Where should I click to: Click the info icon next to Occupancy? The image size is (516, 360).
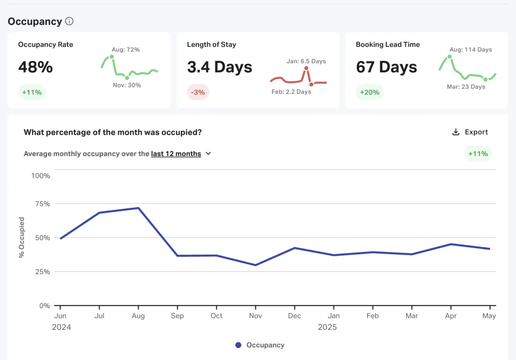tap(69, 22)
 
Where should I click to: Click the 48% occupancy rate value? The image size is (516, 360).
tap(35, 67)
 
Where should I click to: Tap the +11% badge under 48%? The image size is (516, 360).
tap(32, 92)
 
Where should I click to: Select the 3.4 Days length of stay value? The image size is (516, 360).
tap(219, 67)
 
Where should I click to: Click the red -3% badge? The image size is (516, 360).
tap(198, 92)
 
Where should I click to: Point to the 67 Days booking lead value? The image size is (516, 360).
tap(386, 67)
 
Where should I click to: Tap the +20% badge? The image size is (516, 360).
tap(370, 92)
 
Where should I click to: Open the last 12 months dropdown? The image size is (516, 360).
tap(181, 154)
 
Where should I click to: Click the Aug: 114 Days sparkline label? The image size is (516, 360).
tap(470, 49)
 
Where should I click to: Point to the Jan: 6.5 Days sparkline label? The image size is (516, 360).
tap(306, 61)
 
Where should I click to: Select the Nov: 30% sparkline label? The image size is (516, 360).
tap(127, 85)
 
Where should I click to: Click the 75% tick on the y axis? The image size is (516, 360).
tap(41, 203)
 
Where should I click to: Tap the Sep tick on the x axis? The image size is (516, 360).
tap(177, 316)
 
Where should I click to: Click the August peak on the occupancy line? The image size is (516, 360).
tap(138, 208)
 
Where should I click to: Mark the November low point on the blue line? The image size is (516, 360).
tap(255, 265)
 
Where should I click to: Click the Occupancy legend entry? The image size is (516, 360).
tap(260, 345)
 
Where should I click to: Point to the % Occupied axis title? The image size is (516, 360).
tap(21, 238)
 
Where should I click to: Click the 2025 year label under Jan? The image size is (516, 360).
tap(327, 327)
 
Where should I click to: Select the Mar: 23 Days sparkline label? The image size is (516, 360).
tap(466, 87)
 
